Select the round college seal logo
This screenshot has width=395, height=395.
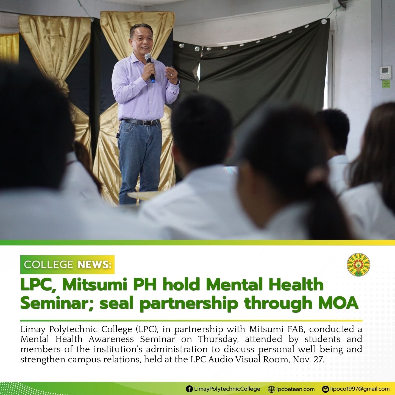coord(358,265)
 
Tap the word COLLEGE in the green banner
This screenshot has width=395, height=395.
coord(48,265)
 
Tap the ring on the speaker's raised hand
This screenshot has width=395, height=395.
coord(171,74)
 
